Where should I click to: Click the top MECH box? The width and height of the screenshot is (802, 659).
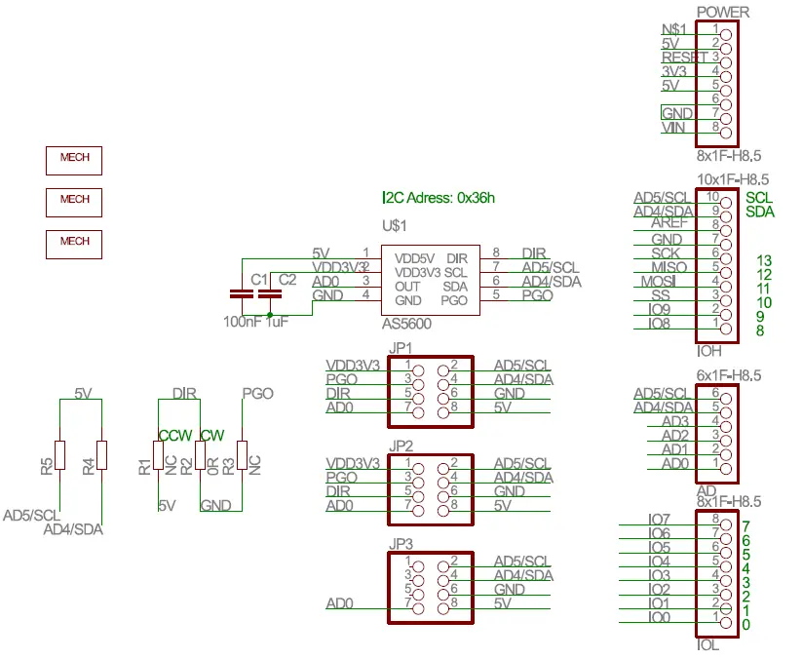click(x=74, y=159)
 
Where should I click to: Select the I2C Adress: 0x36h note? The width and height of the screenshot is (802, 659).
click(x=439, y=197)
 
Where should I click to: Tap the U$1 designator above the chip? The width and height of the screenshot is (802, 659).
click(x=393, y=225)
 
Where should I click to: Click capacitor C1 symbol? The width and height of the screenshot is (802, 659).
click(x=239, y=293)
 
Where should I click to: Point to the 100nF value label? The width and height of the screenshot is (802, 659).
click(x=242, y=321)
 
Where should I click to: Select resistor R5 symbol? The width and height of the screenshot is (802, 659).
click(x=59, y=454)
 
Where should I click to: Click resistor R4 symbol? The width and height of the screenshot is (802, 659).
click(x=102, y=454)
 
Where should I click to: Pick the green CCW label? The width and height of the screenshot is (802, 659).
click(x=175, y=436)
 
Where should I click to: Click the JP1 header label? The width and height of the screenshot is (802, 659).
click(x=400, y=348)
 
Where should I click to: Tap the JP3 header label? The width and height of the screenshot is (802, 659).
click(x=400, y=543)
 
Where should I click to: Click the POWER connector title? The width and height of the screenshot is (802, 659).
click(x=723, y=12)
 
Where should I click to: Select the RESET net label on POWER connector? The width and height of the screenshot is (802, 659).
click(x=683, y=58)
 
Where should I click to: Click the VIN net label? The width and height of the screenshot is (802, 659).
click(x=672, y=128)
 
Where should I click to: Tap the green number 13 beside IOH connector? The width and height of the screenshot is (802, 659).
click(x=763, y=260)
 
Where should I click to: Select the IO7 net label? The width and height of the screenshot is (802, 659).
click(x=659, y=519)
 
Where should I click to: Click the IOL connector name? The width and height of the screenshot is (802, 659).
click(x=707, y=644)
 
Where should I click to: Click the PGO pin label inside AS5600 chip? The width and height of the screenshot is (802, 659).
click(x=455, y=299)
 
